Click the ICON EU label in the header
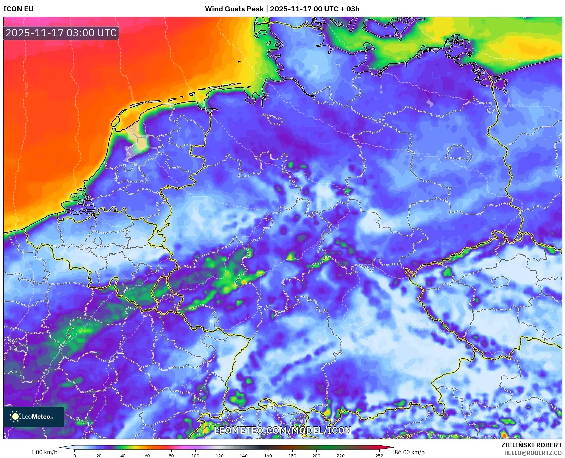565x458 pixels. coord(19,9)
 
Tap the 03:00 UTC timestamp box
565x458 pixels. coord(61,33)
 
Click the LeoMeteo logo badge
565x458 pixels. coord(34,417)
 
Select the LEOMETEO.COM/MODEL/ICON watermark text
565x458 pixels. coord(282,430)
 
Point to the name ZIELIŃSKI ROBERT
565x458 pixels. coord(531,445)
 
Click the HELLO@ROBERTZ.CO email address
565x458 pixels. coord(533,453)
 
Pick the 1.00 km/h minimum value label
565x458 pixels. coord(44,452)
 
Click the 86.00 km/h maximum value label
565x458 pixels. coord(409,452)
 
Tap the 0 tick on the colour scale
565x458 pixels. coord(75,456)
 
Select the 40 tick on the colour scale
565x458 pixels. coord(123,456)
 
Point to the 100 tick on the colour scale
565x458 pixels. coord(195,456)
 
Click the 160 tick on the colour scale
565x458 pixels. coord(268,456)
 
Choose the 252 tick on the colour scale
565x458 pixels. coord(379,456)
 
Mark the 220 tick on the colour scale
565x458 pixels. coord(341,456)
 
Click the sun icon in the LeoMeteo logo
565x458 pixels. coord(15,417)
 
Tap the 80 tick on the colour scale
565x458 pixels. coord(171,456)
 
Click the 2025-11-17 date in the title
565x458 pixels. coord(291,9)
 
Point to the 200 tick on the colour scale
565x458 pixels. coord(316,456)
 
